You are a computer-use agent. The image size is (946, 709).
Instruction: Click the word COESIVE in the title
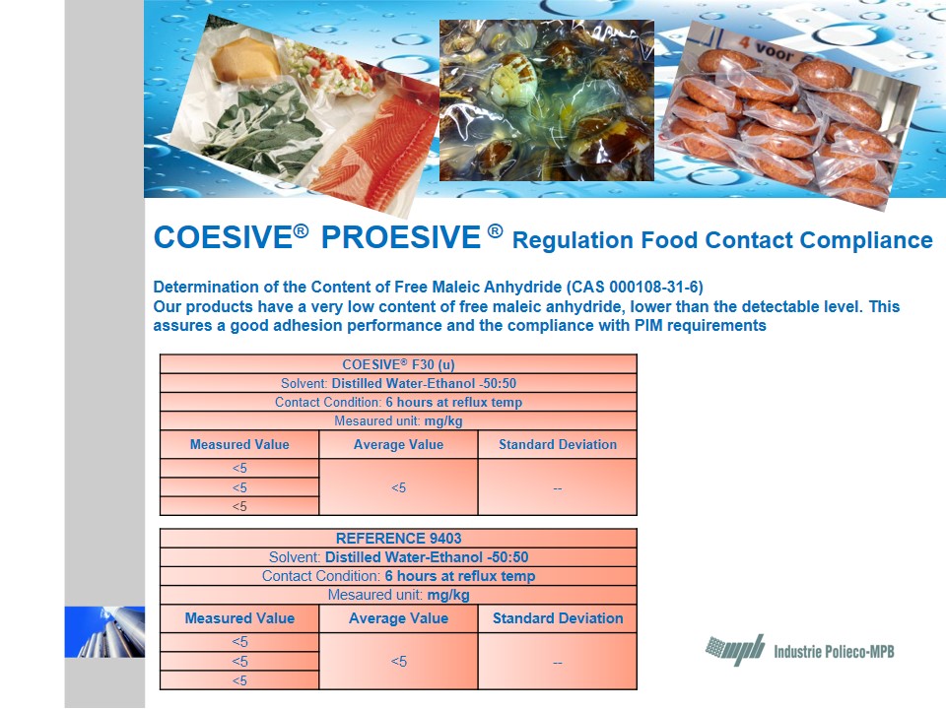point(224,237)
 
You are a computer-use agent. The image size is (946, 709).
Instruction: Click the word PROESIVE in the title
point(401,237)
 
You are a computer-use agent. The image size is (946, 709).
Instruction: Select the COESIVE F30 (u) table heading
point(398,364)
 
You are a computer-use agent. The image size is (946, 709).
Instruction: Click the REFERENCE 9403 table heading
point(398,538)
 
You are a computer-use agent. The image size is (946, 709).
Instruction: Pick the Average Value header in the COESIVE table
point(398,444)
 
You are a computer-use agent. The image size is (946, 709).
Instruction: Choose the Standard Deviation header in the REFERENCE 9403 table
point(558,618)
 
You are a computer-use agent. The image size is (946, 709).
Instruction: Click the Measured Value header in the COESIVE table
point(239,444)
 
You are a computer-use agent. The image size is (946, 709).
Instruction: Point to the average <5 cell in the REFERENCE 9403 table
point(398,662)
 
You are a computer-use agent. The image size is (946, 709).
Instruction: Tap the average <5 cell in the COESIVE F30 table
point(398,487)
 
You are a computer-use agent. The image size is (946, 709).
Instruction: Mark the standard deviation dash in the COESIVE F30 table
point(558,488)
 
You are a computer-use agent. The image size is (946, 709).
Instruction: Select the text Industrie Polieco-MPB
point(834,652)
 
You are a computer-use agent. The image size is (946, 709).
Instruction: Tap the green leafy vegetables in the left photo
point(262,130)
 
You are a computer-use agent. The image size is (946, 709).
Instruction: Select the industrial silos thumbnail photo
point(105,632)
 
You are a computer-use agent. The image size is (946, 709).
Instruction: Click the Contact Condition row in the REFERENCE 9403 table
point(398,576)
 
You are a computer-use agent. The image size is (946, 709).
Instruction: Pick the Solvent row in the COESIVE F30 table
point(398,383)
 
